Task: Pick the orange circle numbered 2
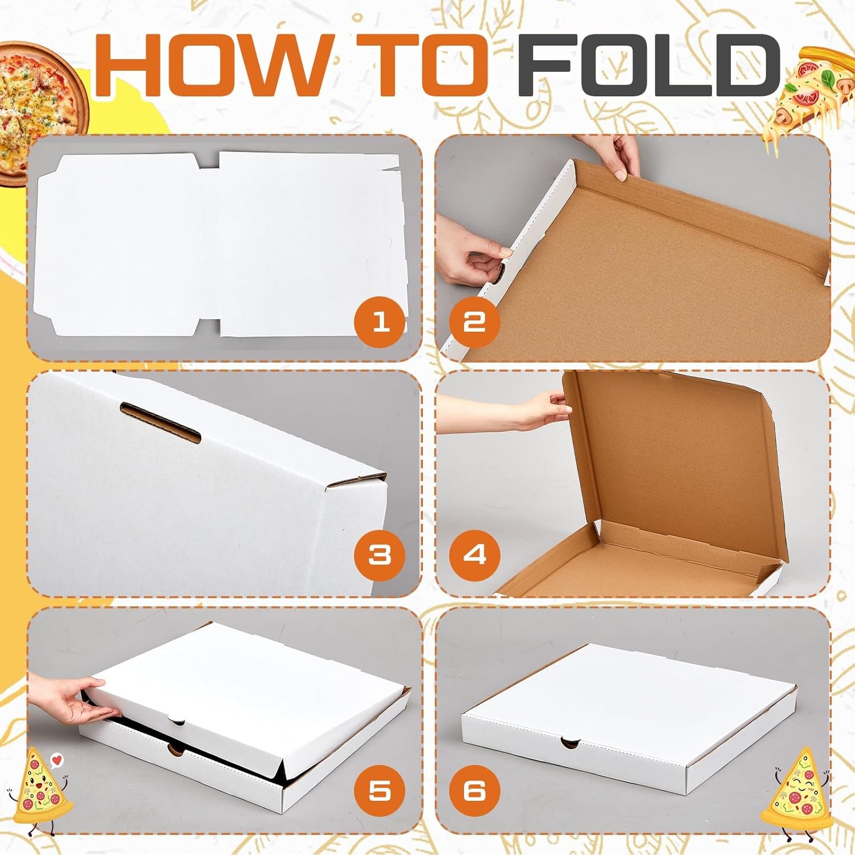(x=474, y=322)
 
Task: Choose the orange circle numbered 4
(x=474, y=555)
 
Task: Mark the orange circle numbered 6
(x=474, y=791)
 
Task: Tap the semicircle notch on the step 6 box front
(x=569, y=742)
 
